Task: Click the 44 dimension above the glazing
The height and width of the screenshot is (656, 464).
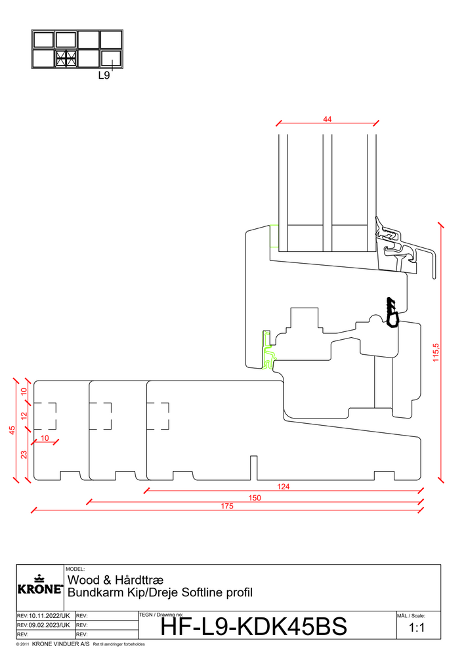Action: pyautogui.click(x=327, y=119)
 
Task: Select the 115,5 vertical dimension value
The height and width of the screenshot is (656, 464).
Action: pyautogui.click(x=436, y=352)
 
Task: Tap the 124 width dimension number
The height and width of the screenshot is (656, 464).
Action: pyautogui.click(x=284, y=487)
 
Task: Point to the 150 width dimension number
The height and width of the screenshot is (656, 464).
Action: pyautogui.click(x=255, y=498)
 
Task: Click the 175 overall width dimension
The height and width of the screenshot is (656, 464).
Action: pyautogui.click(x=227, y=506)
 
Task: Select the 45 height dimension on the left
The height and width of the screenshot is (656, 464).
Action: pyautogui.click(x=12, y=430)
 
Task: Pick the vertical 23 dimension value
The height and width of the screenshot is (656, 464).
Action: pyautogui.click(x=24, y=455)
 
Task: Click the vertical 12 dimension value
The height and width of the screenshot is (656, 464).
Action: pyautogui.click(x=24, y=416)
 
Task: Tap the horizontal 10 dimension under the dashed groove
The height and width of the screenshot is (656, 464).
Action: pyautogui.click(x=45, y=438)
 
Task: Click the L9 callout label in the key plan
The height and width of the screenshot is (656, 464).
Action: pyautogui.click(x=104, y=75)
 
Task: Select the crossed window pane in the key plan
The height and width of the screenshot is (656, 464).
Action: pyautogui.click(x=66, y=58)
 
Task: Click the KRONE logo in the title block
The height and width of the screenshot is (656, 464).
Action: pyautogui.click(x=40, y=585)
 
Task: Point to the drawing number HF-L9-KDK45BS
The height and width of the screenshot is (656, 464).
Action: pyautogui.click(x=253, y=626)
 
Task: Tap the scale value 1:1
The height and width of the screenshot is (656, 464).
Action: pyautogui.click(x=417, y=628)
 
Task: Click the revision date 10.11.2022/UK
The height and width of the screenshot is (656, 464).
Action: pyautogui.click(x=49, y=616)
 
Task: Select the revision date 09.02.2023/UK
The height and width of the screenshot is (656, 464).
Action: pyautogui.click(x=49, y=625)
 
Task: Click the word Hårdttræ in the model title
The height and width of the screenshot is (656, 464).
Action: pyautogui.click(x=139, y=580)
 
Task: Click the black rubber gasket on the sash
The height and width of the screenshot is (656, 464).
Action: pyautogui.click(x=392, y=312)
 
